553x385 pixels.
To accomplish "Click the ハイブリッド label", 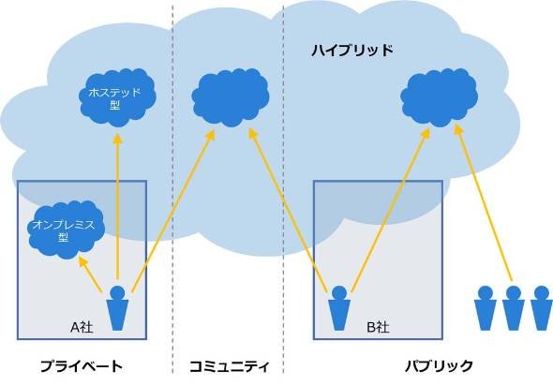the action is pyautogui.click(x=352, y=51).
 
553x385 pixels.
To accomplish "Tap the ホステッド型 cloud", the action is pyautogui.click(x=117, y=97).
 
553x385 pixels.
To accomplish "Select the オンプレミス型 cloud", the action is pyautogui.click(x=66, y=230).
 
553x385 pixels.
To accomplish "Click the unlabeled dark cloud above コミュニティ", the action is pyautogui.click(x=231, y=97).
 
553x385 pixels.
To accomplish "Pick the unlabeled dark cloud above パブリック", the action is pyautogui.click(x=439, y=97).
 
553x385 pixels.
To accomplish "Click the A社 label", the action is pyautogui.click(x=82, y=328).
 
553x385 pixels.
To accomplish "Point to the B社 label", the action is pyautogui.click(x=378, y=328).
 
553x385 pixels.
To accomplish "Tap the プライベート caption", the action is pyautogui.click(x=82, y=366).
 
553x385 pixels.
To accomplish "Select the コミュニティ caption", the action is pyautogui.click(x=230, y=366).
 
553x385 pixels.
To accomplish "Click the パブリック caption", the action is pyautogui.click(x=439, y=366).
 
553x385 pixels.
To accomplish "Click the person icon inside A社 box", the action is pyautogui.click(x=117, y=308).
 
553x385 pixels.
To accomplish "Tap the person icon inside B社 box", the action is pyautogui.click(x=339, y=308).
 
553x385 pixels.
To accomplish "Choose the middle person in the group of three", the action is pyautogui.click(x=513, y=308).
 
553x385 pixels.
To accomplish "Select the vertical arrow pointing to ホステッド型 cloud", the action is pyautogui.click(x=118, y=206).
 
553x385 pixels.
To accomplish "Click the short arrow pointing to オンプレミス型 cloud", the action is pyautogui.click(x=90, y=274).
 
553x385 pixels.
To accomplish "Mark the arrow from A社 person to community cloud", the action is pyautogui.click(x=173, y=211).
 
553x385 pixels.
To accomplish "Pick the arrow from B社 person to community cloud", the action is pyautogui.click(x=289, y=211).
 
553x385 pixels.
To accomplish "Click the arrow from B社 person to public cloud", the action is pyautogui.click(x=391, y=210).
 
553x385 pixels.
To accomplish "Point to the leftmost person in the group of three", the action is pyautogui.click(x=486, y=308).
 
